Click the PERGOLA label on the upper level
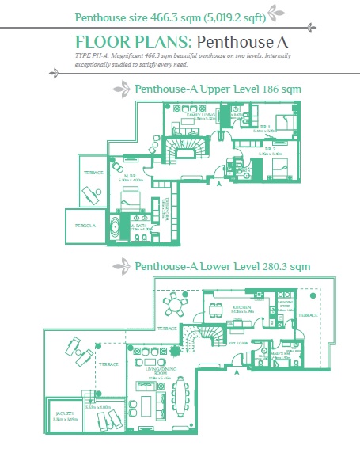pos(85,225)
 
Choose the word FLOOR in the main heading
pos(98,40)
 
